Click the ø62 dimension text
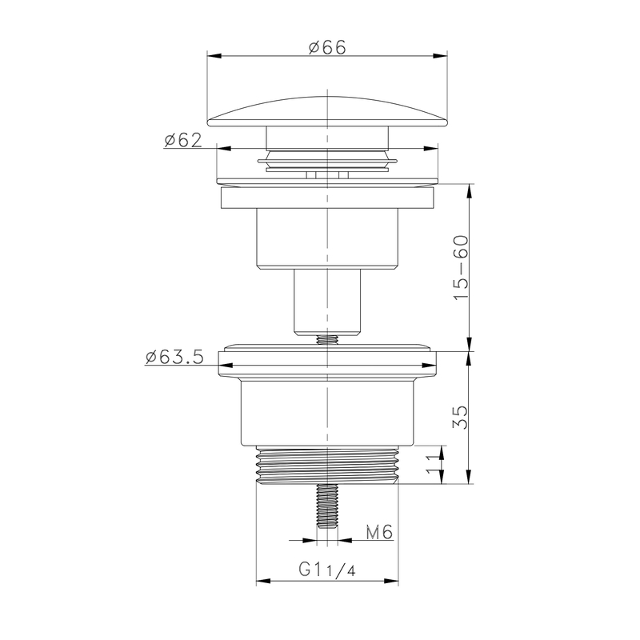(x=182, y=140)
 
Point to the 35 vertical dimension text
(x=460, y=418)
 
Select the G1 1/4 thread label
(x=326, y=570)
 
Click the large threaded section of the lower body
(x=328, y=464)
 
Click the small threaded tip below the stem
(x=328, y=339)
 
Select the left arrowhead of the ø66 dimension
(x=213, y=55)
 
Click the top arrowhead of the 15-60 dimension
(x=467, y=189)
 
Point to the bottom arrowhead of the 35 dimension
(x=467, y=480)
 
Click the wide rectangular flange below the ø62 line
(x=328, y=197)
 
